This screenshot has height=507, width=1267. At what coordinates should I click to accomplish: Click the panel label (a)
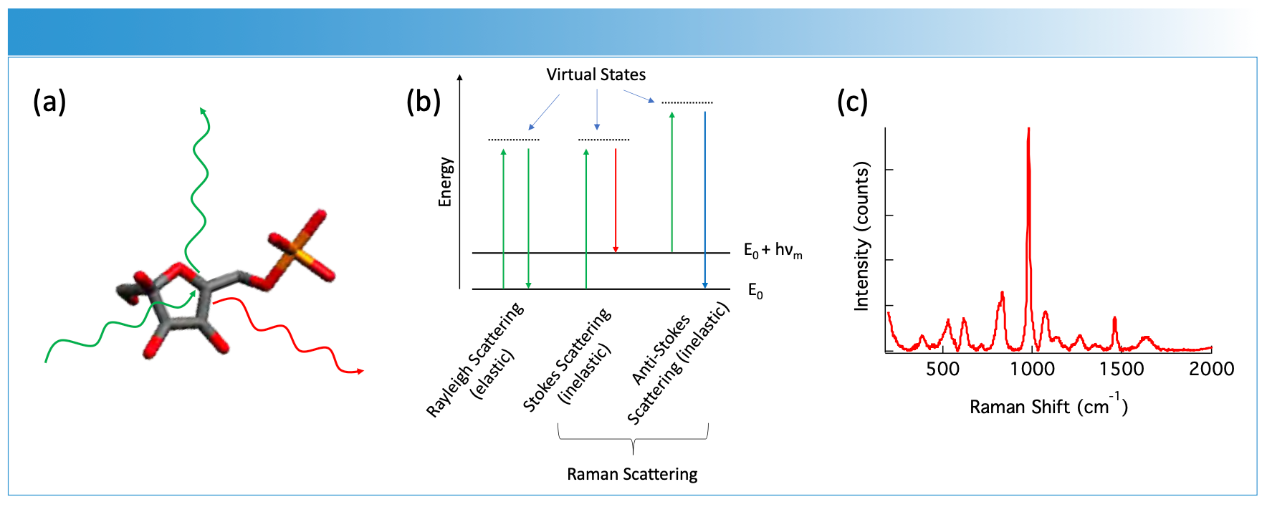pos(49,102)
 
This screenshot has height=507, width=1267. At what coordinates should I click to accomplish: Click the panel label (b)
pos(423,102)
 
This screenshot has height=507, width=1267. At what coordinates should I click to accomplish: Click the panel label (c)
pos(852,102)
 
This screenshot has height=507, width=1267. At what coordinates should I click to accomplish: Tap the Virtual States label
pos(596,74)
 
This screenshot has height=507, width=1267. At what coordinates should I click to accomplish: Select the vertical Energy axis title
pos(446,182)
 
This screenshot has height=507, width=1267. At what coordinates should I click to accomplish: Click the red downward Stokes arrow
pos(616,201)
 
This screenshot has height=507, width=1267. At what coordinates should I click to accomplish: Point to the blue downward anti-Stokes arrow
pos(705,201)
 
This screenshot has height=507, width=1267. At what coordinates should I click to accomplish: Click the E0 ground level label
pos(755,291)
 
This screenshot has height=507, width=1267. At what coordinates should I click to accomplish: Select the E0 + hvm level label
pos(773,251)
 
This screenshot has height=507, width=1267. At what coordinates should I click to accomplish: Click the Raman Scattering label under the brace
pos(632,474)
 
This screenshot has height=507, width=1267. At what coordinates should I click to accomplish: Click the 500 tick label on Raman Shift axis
pos(942,370)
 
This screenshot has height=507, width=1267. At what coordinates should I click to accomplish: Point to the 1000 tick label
pos(1032,370)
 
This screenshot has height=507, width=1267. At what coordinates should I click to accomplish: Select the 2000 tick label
pos(1211,370)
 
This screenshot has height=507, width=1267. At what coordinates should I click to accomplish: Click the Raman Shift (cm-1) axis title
pos(1048,406)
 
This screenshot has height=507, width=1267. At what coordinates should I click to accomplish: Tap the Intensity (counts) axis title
pos(861,236)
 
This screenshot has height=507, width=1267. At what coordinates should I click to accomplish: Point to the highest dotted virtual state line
pos(687,103)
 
